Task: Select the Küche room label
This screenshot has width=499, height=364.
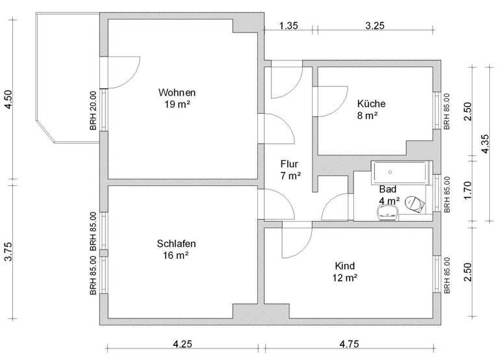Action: (x=371, y=103)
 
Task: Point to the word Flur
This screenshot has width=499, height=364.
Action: (x=290, y=164)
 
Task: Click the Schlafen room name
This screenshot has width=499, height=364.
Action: (x=176, y=244)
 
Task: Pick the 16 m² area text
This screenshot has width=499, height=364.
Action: (x=176, y=255)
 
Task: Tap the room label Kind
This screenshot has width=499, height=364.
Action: (x=346, y=266)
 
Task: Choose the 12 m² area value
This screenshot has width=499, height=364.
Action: (x=346, y=278)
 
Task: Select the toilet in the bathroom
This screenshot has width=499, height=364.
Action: (x=414, y=204)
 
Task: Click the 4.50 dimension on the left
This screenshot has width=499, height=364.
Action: (x=8, y=101)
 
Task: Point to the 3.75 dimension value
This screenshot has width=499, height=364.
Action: (x=8, y=253)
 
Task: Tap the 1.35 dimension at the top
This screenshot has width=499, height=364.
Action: (x=288, y=26)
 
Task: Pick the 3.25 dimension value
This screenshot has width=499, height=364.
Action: (x=375, y=26)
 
